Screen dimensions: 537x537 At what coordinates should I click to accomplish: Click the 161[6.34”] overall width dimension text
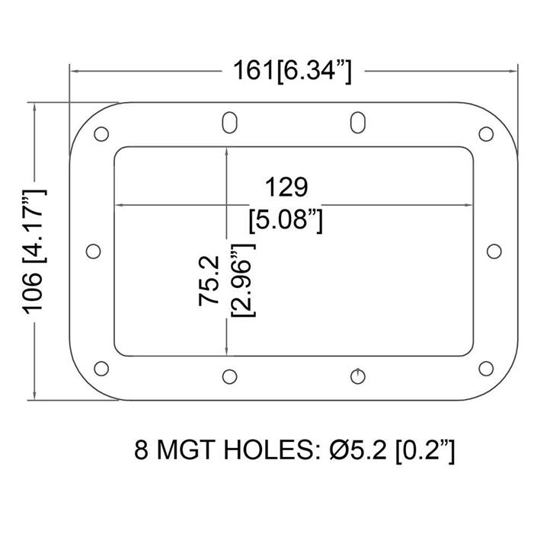[x=292, y=72]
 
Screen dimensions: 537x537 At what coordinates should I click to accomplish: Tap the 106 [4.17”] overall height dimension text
[x=34, y=251]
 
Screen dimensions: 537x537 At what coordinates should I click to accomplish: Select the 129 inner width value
[x=286, y=187]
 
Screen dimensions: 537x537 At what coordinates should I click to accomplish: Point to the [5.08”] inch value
[x=286, y=220]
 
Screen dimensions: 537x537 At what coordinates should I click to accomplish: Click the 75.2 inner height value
[x=209, y=280]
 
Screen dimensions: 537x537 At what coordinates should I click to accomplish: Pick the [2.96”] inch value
[x=244, y=280]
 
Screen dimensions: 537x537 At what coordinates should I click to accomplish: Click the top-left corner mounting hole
[x=101, y=133]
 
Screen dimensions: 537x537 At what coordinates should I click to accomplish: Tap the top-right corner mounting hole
[x=486, y=133]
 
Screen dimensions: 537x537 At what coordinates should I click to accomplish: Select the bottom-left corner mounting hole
[x=101, y=369]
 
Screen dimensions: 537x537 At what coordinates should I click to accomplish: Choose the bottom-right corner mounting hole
[x=486, y=369]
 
